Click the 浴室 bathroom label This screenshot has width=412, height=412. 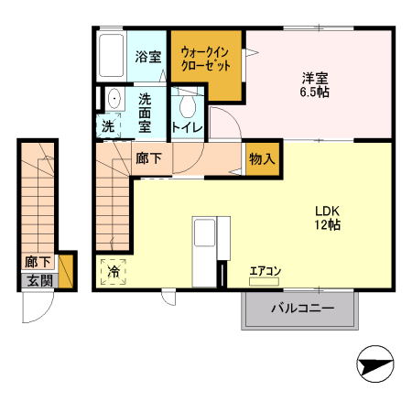pos(148,57)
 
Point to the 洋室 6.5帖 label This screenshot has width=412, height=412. pos(314,84)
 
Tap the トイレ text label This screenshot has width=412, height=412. pos(187,128)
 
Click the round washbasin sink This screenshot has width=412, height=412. pos(113,99)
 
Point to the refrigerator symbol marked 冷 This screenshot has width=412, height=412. pos(114,271)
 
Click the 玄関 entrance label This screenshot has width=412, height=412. pos(39,281)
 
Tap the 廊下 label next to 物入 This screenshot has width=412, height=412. pos(148,158)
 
